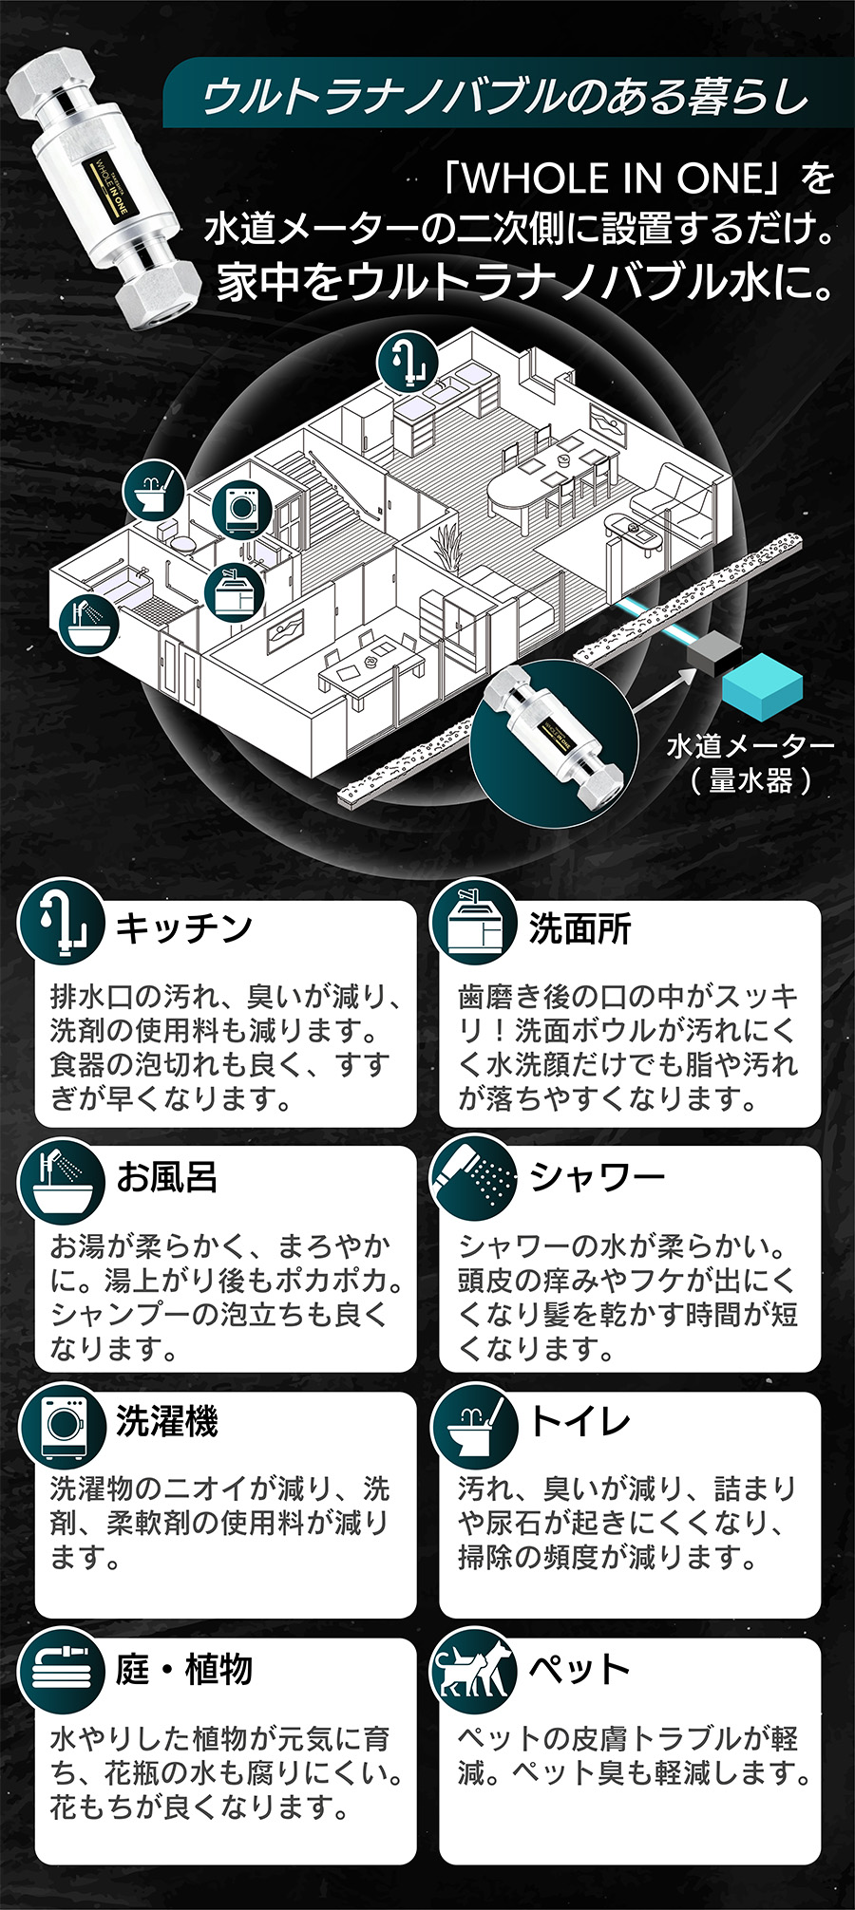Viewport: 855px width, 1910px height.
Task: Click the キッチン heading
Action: pyautogui.click(x=183, y=927)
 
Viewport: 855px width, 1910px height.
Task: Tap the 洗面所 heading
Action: pyautogui.click(x=580, y=928)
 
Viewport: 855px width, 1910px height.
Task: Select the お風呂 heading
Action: pyautogui.click(x=167, y=1177)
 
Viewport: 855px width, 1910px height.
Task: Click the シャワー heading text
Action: pyautogui.click(x=598, y=1177)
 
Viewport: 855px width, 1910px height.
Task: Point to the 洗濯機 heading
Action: pyautogui.click(x=167, y=1421)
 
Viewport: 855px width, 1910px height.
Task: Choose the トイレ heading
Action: pyautogui.click(x=580, y=1421)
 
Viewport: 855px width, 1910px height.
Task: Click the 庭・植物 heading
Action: pyautogui.click(x=184, y=1668)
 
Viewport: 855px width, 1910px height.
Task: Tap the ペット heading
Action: pyautogui.click(x=580, y=1668)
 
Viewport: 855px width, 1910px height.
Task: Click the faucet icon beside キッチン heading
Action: pyautogui.click(x=61, y=922)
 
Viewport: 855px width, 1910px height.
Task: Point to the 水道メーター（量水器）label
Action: pyautogui.click(x=750, y=763)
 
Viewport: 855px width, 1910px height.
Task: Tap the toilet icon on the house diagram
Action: pyautogui.click(x=153, y=489)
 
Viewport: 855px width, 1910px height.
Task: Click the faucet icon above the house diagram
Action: pyautogui.click(x=408, y=362)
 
